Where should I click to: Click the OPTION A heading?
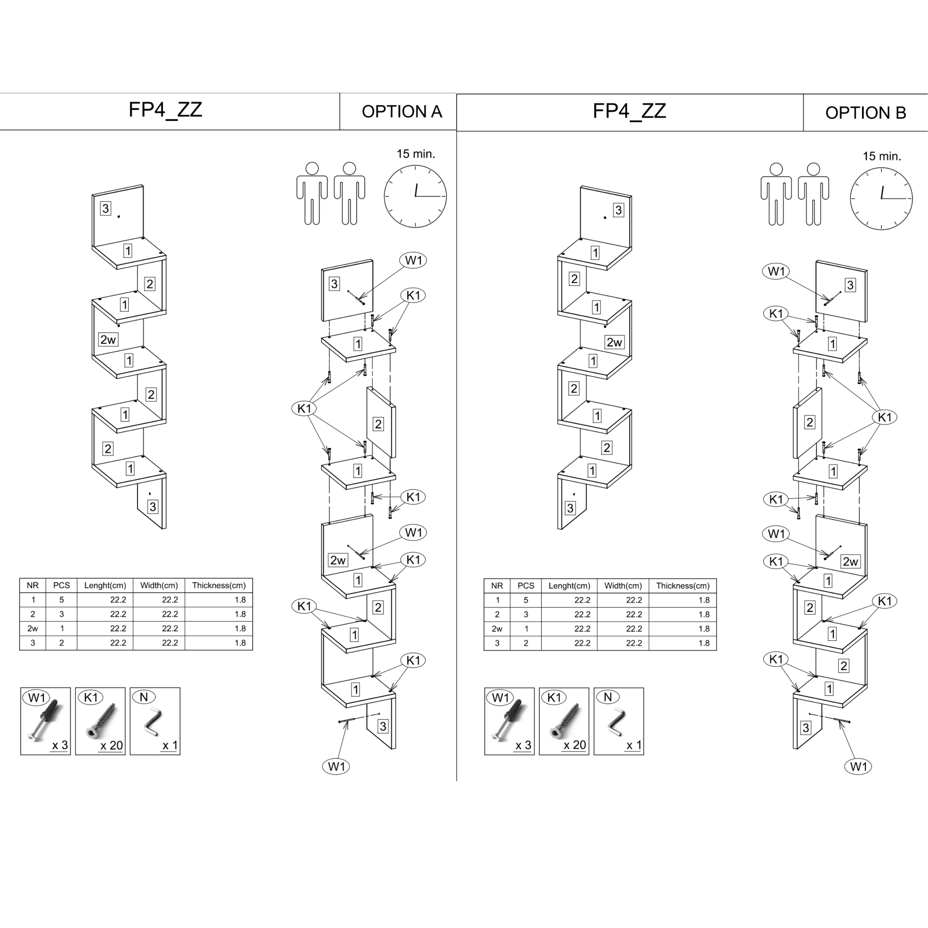402,111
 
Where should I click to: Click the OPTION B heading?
865,113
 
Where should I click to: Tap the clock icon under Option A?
415,196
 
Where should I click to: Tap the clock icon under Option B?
881,198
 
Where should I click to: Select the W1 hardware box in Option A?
45,721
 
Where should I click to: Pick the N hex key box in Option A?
155,721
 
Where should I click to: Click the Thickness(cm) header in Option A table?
219,585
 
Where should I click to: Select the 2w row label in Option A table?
33,628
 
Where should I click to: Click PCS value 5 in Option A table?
62,600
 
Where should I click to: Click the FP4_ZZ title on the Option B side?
629,111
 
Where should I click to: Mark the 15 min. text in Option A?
415,154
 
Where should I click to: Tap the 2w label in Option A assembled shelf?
108,340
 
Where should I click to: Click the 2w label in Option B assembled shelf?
614,342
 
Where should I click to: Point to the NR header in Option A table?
33,585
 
